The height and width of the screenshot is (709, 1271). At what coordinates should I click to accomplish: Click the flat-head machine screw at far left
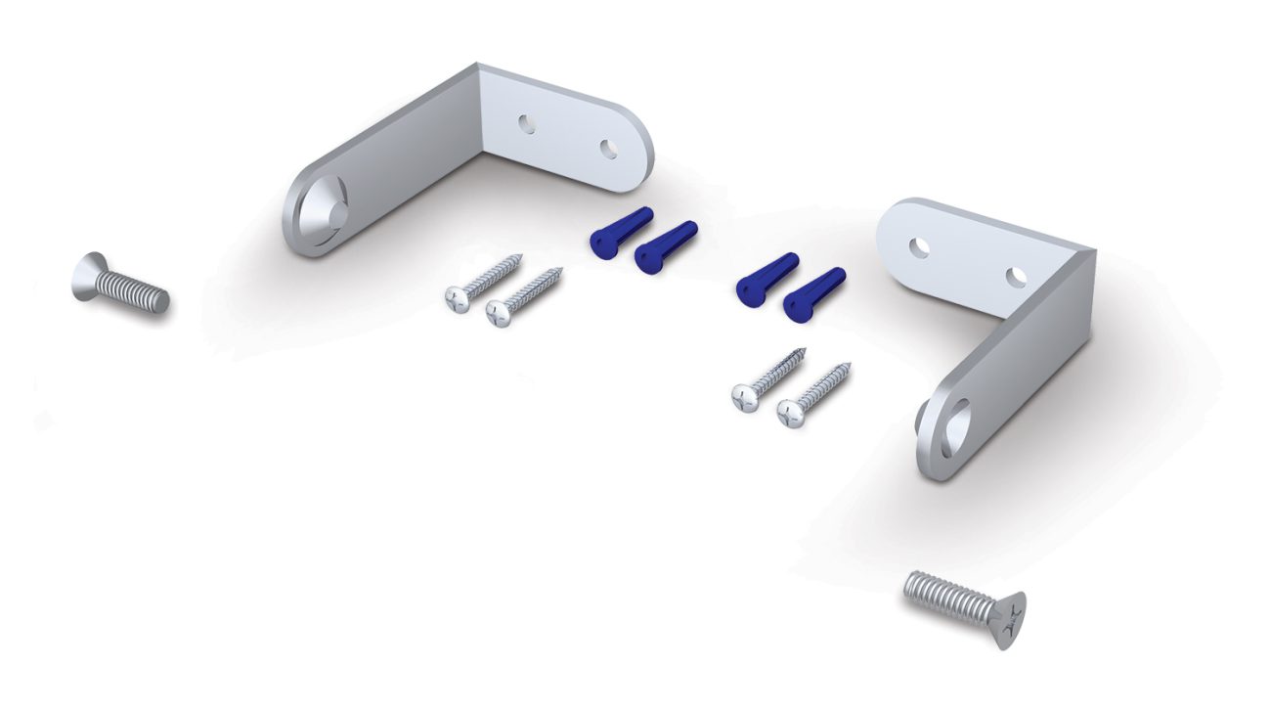click(120, 285)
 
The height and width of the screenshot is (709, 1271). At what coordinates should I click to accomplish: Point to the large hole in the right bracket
click(955, 422)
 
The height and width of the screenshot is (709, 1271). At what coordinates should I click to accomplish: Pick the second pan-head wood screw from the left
click(524, 296)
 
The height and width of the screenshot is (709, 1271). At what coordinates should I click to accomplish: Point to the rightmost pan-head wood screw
click(813, 394)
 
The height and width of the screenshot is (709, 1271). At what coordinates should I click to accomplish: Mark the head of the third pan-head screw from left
click(746, 398)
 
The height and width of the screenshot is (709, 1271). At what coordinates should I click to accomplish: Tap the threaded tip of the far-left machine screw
click(158, 298)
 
